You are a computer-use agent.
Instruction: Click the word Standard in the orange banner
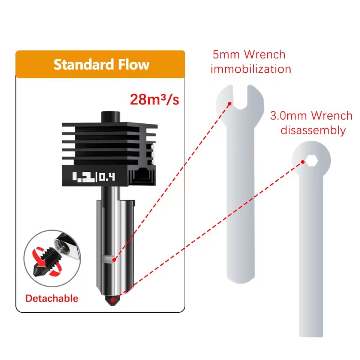point(84,64)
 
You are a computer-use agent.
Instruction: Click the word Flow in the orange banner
point(133,64)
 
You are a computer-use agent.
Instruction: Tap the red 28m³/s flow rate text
point(154,99)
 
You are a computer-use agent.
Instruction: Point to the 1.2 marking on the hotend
point(83,177)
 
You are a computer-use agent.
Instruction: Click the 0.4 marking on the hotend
point(107,177)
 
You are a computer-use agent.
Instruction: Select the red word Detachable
point(52,298)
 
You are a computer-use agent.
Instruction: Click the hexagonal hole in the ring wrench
point(312,160)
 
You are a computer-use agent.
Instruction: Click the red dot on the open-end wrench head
point(229,104)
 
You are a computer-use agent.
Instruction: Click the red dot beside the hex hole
point(303,162)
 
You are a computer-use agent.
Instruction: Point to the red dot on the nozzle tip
point(112,300)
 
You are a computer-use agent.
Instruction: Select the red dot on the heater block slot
point(114,260)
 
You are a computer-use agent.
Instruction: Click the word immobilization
point(251,69)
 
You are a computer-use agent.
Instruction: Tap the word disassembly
point(313,130)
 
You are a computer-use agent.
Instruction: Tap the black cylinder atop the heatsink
point(111,117)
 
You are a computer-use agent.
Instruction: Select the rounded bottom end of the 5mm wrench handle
point(240,278)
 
